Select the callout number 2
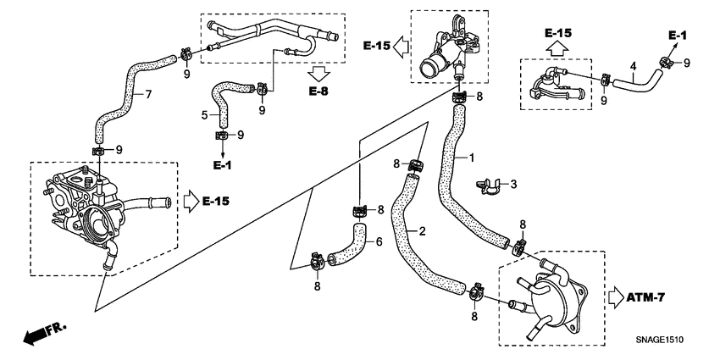pos(422,230)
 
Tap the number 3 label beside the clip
pos(512,183)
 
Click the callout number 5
pos(204,114)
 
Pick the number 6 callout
pos(379,242)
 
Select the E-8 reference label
pos(318,91)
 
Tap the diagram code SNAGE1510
pos(660,341)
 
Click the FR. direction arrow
pos(43,331)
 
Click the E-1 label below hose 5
pos(221,164)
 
